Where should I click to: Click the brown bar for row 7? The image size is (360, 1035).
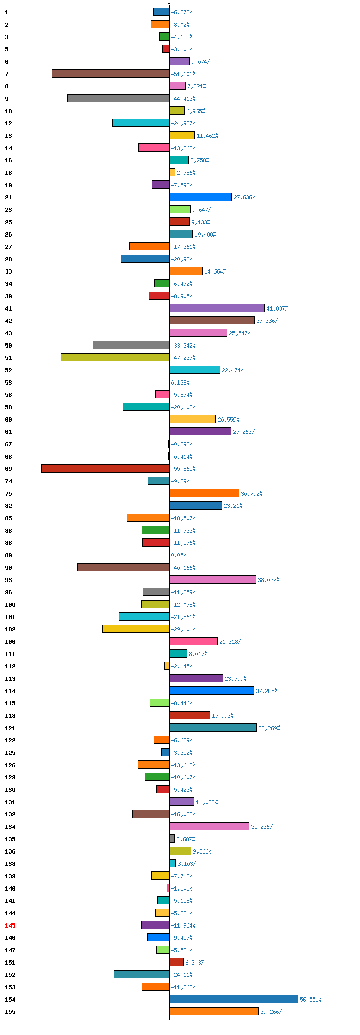click(x=111, y=74)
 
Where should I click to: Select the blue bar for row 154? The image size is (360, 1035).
click(x=233, y=999)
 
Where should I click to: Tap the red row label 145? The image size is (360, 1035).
click(x=10, y=925)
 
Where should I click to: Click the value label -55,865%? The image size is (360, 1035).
click(x=183, y=469)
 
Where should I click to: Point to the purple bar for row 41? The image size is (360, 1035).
click(x=217, y=308)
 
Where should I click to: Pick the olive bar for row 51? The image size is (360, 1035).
click(x=115, y=357)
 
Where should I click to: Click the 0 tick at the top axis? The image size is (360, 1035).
click(x=169, y=3)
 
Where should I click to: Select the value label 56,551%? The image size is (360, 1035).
click(x=311, y=1000)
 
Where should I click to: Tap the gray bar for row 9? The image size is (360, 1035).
click(x=118, y=98)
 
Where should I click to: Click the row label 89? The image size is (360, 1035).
click(x=8, y=555)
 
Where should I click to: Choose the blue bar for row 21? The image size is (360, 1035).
click(x=201, y=197)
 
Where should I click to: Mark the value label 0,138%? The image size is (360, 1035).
click(x=180, y=383)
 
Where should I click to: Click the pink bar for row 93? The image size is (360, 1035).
click(x=212, y=579)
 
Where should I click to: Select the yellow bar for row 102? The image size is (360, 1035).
click(x=136, y=629)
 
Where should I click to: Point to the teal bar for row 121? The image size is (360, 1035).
click(x=213, y=728)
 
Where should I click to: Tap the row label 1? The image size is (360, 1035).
click(x=7, y=12)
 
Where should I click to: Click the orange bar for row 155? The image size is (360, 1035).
click(x=214, y=1011)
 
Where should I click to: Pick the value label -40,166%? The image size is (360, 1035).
click(x=183, y=568)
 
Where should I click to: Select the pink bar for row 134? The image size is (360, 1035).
click(x=209, y=826)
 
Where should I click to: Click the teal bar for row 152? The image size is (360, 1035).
click(x=141, y=974)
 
